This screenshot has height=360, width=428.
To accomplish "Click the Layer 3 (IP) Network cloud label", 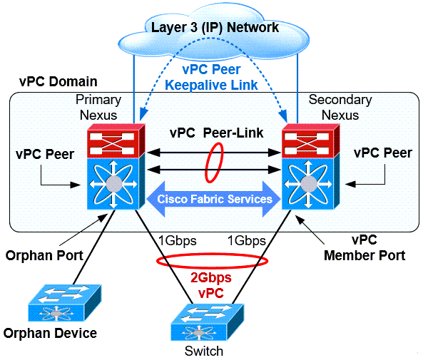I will (213, 28).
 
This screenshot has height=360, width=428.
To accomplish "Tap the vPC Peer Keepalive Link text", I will (214, 77).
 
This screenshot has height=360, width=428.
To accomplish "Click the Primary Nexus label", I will (98, 106).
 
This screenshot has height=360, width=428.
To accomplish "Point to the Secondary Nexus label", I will (340, 106).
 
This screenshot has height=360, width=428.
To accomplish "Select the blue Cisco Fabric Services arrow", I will (214, 199).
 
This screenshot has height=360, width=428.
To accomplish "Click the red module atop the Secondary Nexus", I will (308, 141).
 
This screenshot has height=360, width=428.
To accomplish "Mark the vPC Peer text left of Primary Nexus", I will (44, 154).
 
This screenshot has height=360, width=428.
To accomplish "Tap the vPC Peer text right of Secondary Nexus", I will (382, 153).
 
